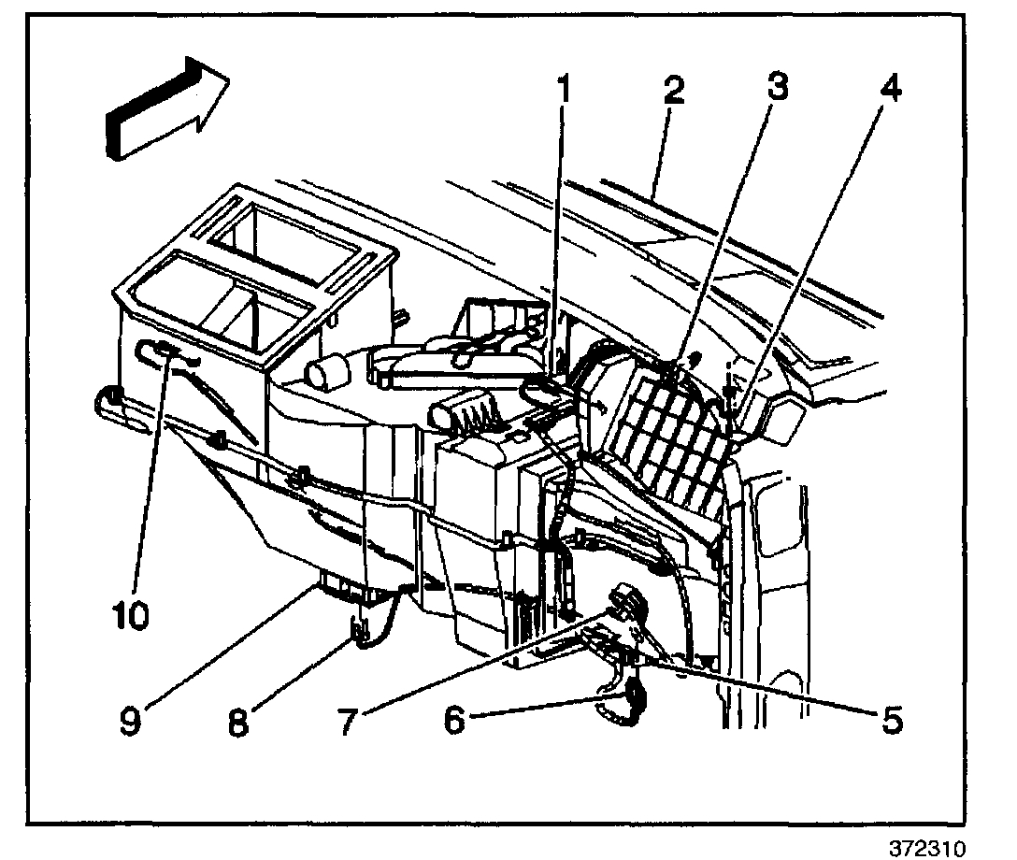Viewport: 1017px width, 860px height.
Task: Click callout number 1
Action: (563, 92)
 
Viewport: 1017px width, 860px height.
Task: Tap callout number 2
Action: (672, 92)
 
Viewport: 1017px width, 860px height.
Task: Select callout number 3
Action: (772, 90)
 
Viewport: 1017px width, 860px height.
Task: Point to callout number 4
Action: (889, 92)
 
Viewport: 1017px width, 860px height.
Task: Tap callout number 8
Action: (239, 721)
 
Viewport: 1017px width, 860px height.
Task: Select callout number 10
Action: (130, 618)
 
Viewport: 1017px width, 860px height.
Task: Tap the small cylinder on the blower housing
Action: (328, 380)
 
